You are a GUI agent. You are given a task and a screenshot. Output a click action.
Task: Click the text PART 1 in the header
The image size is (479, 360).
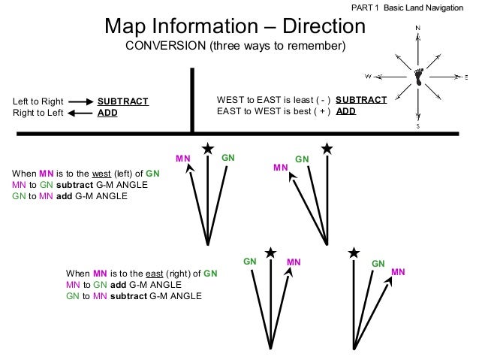click(x=366, y=7)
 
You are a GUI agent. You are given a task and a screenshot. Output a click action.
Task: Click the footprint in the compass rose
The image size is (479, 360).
click(x=418, y=76)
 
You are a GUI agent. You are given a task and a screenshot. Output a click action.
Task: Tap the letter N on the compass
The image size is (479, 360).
click(x=417, y=29)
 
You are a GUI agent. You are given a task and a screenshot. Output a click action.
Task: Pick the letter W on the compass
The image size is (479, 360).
click(x=368, y=76)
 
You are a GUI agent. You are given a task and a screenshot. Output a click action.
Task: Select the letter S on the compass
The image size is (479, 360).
click(x=418, y=128)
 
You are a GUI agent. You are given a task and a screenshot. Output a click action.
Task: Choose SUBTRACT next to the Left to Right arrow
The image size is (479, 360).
click(x=123, y=101)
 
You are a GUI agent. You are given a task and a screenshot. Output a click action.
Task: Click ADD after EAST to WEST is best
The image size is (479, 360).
click(x=345, y=111)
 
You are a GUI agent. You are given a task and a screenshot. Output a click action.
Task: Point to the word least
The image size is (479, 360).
click(x=290, y=100)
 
